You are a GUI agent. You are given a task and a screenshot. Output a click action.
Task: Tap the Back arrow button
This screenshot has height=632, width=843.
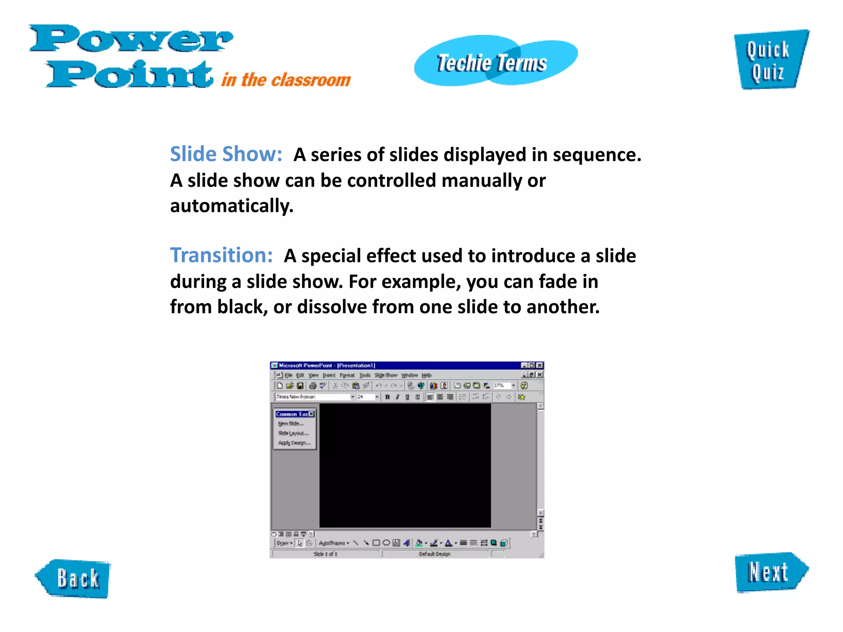point(75,578)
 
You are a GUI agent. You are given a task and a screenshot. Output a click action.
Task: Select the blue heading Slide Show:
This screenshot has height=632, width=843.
point(226,154)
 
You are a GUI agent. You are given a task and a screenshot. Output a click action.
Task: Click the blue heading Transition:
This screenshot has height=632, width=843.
point(221,256)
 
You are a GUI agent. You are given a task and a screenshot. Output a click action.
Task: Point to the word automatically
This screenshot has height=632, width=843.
point(231,206)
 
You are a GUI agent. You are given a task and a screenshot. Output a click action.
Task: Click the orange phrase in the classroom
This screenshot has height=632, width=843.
point(286,80)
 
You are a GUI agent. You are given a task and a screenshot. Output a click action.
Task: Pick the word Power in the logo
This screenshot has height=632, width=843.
point(131,39)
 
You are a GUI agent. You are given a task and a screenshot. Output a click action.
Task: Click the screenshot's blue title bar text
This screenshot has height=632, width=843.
point(327,365)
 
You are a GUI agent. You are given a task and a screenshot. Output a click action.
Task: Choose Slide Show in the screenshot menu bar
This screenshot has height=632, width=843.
point(386,375)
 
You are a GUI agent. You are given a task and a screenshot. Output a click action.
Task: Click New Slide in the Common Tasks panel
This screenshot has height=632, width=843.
point(291,423)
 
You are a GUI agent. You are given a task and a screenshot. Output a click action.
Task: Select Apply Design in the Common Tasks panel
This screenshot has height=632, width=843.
point(294,443)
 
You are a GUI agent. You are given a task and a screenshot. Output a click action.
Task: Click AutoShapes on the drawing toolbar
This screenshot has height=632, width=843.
point(333,543)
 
